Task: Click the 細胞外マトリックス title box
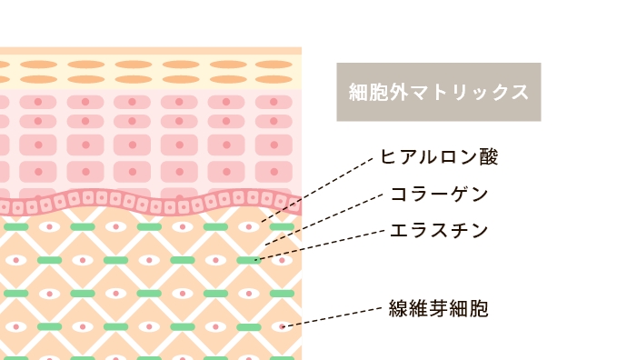(x=438, y=92)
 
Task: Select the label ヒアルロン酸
(x=439, y=157)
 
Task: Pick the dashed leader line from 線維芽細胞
(x=336, y=315)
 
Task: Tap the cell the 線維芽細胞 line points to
(x=281, y=325)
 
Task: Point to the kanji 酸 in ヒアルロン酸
(x=488, y=157)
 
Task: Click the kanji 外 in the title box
(x=393, y=92)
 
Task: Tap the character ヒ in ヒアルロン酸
(x=388, y=157)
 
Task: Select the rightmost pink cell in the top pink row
(x=274, y=102)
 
